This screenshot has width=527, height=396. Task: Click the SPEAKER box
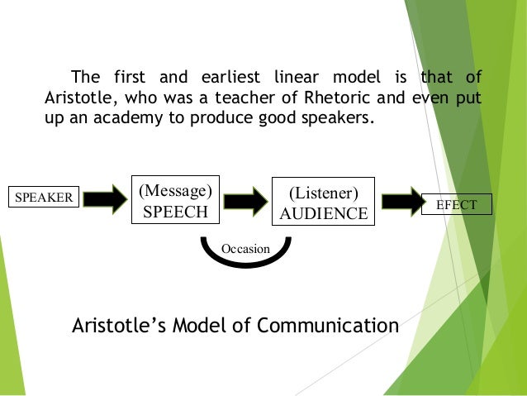[x=42, y=198]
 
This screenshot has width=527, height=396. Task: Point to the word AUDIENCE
[x=323, y=213]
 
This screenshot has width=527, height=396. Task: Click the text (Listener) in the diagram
[x=323, y=193]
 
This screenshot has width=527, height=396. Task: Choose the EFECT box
[x=456, y=203]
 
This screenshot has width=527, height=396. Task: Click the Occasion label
[x=246, y=248]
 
